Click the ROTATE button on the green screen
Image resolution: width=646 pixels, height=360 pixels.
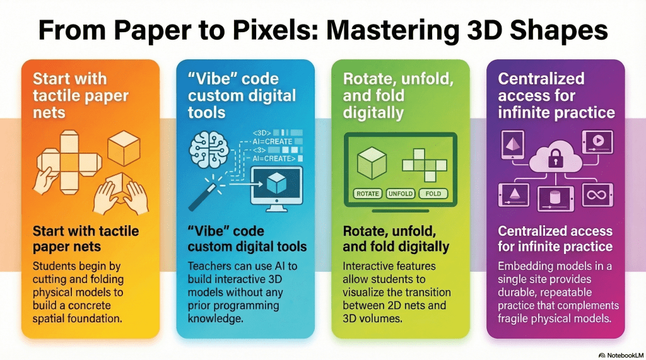pos(368,194)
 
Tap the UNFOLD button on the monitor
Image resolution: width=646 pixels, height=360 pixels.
pos(401,194)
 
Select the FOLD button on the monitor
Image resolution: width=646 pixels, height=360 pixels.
pos(433,194)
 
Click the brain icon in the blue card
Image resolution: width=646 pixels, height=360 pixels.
pos(209,150)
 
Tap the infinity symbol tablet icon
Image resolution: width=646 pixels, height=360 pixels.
pos(597,195)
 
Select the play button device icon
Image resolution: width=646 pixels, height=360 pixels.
pos(597,142)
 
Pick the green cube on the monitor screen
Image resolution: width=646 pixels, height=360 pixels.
pos(372,163)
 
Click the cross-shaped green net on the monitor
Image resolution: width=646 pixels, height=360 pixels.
pos(425,165)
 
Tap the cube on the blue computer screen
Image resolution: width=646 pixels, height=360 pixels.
pos(276,183)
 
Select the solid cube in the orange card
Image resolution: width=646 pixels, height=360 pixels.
pos(124,148)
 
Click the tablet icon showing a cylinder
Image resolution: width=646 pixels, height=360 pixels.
pos(555,199)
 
